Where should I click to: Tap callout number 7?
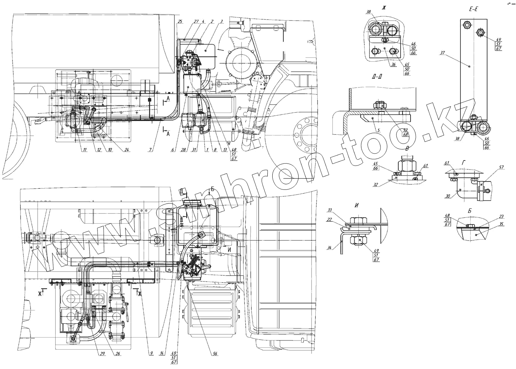(x=151, y=150)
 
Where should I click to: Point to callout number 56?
(x=215, y=354)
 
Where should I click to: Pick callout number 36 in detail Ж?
(x=393, y=65)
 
